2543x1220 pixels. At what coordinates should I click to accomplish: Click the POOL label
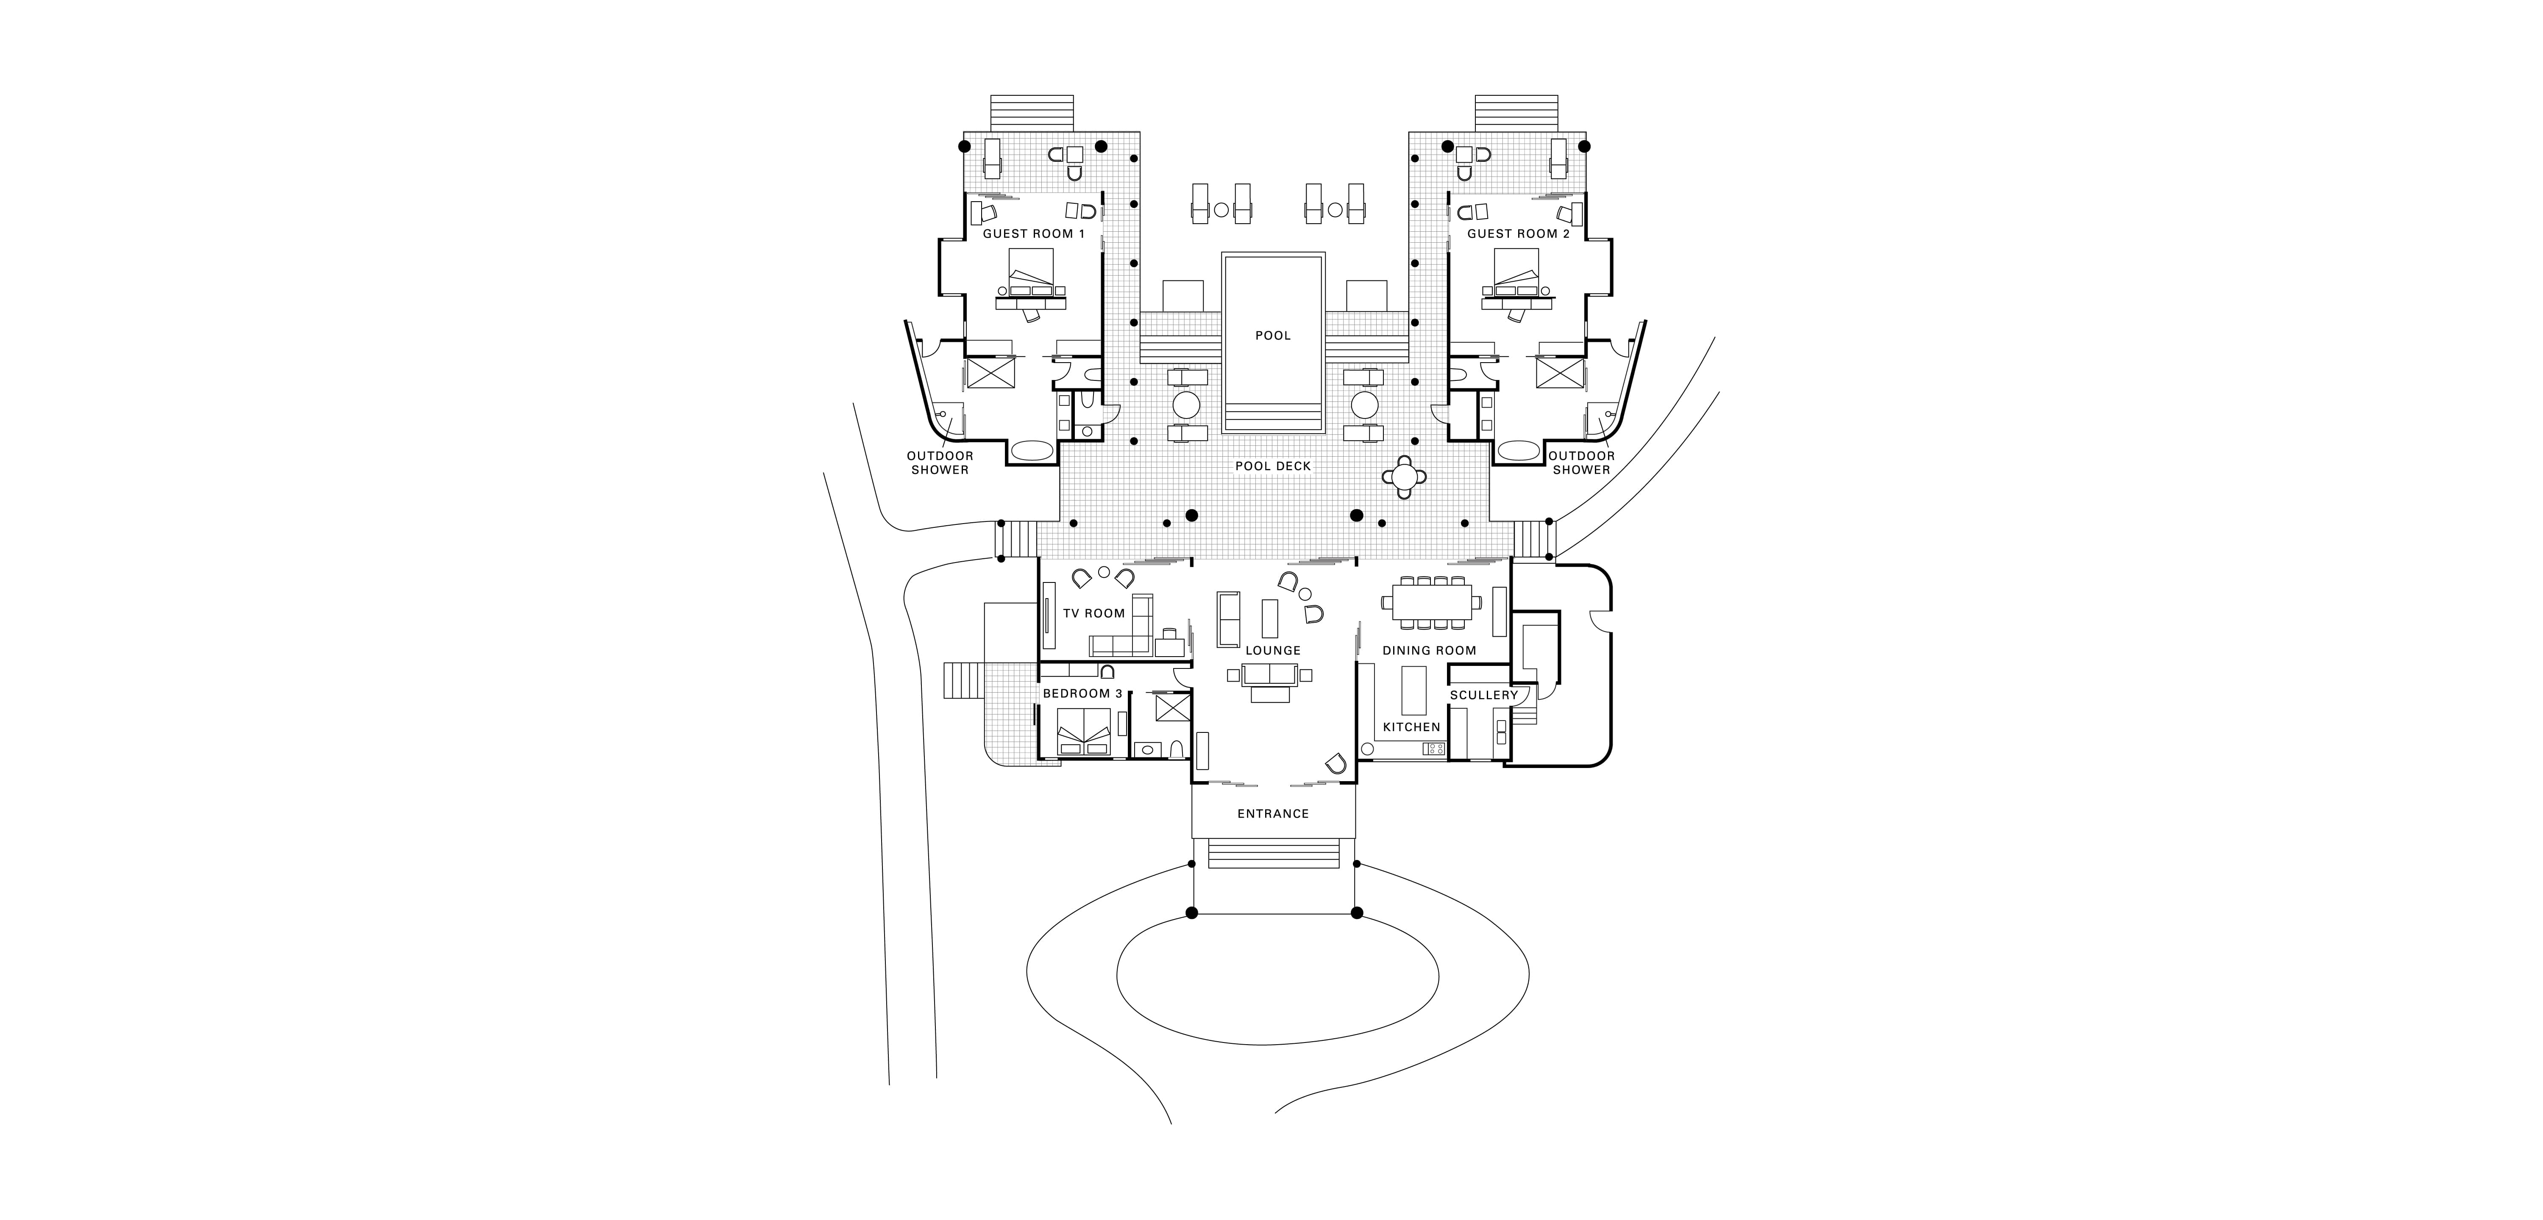point(1272,335)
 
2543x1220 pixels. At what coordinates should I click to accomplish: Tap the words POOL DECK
point(1272,466)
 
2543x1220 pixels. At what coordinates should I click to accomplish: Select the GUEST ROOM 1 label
point(1034,234)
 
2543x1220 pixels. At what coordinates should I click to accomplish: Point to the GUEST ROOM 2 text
point(1518,234)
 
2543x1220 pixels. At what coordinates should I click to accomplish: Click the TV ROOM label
point(1094,613)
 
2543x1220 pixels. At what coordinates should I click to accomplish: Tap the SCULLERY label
point(1484,695)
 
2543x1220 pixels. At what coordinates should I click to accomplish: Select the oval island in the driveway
point(1277,975)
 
